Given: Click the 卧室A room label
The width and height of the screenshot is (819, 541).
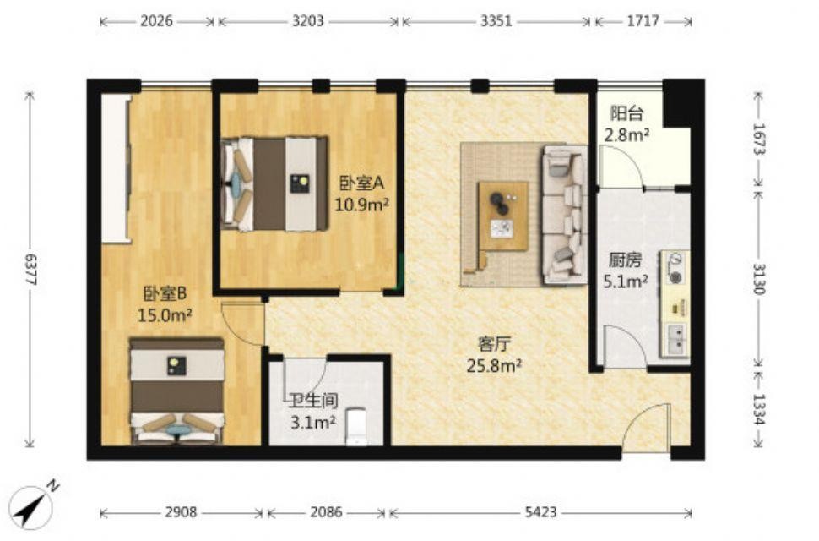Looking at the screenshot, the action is [x=362, y=183].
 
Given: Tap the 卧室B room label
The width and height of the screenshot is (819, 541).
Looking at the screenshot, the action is [x=165, y=294].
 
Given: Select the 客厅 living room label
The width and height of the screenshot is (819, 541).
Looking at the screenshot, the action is [x=494, y=344].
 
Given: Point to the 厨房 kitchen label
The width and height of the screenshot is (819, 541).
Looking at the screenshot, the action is [x=625, y=260].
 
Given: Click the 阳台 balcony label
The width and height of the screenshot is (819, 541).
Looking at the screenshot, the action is [x=626, y=113].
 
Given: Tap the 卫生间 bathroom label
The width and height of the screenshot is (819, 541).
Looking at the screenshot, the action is [x=314, y=401].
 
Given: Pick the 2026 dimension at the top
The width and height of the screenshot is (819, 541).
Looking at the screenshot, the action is [x=157, y=21].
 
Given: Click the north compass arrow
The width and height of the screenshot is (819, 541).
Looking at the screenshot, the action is [x=34, y=505].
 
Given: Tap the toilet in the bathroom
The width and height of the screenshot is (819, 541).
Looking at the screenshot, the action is [x=358, y=427].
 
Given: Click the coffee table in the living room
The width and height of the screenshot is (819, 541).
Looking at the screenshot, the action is [x=503, y=216].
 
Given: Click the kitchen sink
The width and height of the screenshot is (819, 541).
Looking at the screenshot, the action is [x=677, y=337].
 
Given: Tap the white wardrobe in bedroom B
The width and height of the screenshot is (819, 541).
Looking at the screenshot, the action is [x=116, y=168].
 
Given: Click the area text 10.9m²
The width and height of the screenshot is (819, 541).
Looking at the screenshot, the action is [x=362, y=205].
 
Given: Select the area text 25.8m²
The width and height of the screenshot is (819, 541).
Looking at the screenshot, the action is [x=494, y=365].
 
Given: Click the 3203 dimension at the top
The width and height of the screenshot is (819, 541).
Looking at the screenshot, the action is [x=307, y=21].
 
